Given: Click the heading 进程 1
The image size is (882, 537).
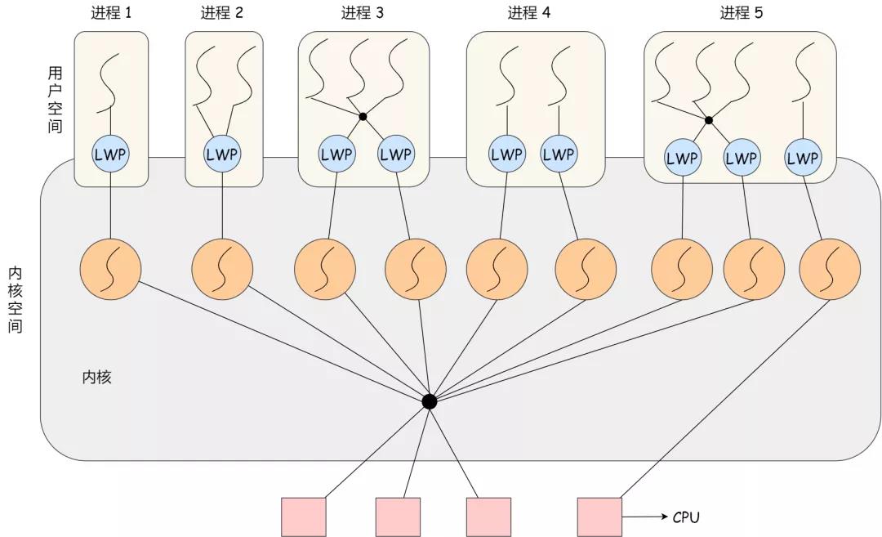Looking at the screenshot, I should [112, 13].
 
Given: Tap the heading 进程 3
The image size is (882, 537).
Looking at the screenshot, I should [363, 13].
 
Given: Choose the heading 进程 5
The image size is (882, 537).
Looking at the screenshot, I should [742, 13].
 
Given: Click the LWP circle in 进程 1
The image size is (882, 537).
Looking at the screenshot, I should [111, 154].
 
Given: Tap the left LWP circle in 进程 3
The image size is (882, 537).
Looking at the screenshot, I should [337, 154].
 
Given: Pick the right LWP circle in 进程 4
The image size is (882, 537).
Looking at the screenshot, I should [559, 154].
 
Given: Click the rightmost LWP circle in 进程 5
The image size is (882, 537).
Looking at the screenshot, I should [802, 159].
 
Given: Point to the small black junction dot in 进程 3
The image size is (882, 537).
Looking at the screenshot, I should [363, 117].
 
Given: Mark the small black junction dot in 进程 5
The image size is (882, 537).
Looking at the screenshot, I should [709, 120].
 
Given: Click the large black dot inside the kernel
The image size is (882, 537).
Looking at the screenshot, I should [429, 401].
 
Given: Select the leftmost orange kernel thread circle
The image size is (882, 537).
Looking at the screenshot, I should [111, 268].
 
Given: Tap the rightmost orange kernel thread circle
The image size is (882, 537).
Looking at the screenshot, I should [830, 268].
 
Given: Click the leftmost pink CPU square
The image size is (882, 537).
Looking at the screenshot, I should [303, 517].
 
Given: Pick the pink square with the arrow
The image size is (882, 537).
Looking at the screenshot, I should [599, 517].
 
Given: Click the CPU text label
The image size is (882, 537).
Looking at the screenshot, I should [686, 517].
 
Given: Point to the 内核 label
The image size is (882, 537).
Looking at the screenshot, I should [96, 378].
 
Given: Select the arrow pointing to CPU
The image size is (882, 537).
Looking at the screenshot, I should [645, 517].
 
